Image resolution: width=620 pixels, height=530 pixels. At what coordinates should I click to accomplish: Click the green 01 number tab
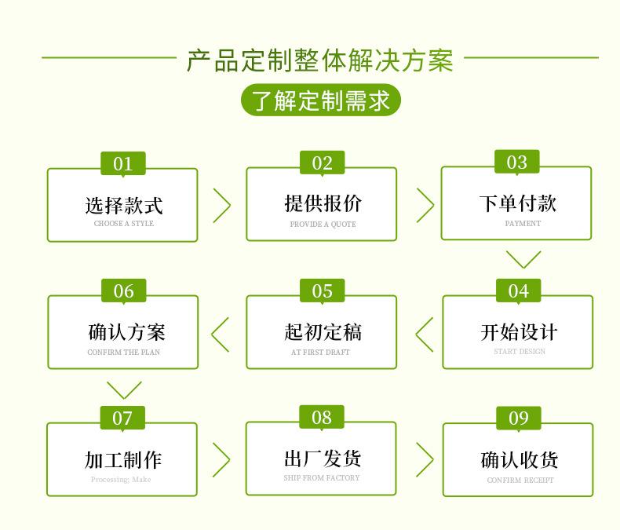[123, 163]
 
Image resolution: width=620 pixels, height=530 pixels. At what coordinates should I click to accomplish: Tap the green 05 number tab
[323, 291]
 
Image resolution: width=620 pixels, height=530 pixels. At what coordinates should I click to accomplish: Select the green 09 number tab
[519, 418]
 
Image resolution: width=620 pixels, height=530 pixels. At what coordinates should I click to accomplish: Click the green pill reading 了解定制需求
[321, 100]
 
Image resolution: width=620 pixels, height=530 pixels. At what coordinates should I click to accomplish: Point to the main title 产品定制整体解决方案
[320, 60]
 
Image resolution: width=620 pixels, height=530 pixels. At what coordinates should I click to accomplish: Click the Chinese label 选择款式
[124, 205]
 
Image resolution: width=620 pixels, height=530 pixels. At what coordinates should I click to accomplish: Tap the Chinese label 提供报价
[323, 203]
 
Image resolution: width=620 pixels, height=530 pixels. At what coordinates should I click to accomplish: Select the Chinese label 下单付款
[518, 203]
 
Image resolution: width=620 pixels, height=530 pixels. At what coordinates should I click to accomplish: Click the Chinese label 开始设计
[520, 332]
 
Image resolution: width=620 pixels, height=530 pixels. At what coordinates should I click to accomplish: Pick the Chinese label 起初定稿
[323, 332]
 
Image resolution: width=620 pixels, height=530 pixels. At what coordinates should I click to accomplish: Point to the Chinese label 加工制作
[123, 460]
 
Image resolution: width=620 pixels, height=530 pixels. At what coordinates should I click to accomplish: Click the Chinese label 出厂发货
[323, 459]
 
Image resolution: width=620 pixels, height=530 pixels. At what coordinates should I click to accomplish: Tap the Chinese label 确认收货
[520, 460]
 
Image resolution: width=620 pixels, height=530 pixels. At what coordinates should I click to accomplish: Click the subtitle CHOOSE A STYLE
[124, 224]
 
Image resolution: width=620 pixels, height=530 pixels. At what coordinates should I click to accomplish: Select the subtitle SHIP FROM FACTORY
[322, 478]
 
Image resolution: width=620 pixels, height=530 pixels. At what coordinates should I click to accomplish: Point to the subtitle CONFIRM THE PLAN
[124, 352]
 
